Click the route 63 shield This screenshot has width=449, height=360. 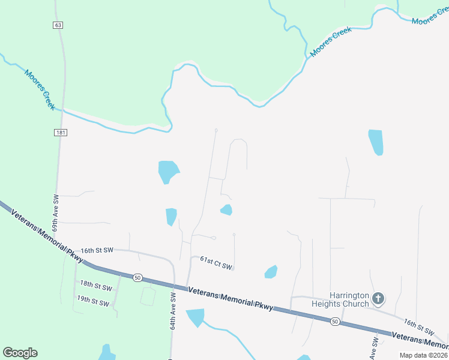pos(58,25)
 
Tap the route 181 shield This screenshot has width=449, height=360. pos(60,132)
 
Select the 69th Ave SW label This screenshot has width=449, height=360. pos(55,212)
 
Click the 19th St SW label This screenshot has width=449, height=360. pos(93,302)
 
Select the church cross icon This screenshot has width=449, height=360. pos(378,298)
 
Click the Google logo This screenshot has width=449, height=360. pos(20,353)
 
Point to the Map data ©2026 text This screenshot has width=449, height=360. pos(423,355)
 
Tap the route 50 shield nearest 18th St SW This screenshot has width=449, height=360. pos(137,278)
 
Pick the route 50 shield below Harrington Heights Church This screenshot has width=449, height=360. pos(334,322)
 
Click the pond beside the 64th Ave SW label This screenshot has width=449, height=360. pos(196,316)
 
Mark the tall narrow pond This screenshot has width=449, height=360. pos(376,142)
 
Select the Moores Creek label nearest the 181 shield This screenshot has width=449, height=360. pos(40,89)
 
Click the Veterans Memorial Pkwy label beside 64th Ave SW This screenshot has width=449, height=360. pos(231,299)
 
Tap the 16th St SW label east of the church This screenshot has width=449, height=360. pos(419,327)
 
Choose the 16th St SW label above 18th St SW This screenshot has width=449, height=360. pos(97,250)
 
